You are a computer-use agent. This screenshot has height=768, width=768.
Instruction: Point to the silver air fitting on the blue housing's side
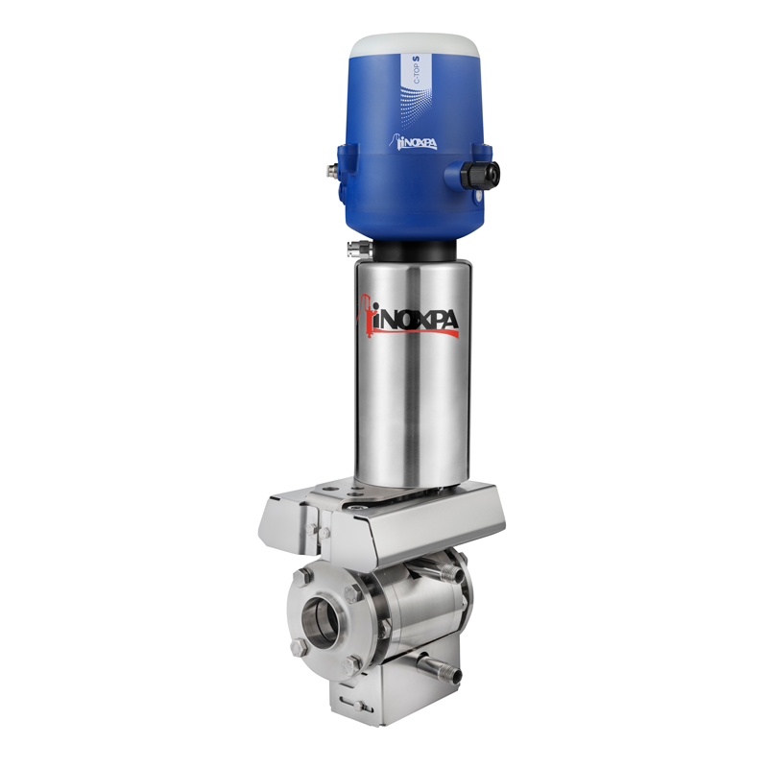[x=330, y=169]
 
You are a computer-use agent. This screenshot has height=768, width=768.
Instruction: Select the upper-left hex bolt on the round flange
[x=304, y=576]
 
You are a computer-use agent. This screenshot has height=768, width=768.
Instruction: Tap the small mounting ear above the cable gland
[x=480, y=150]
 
